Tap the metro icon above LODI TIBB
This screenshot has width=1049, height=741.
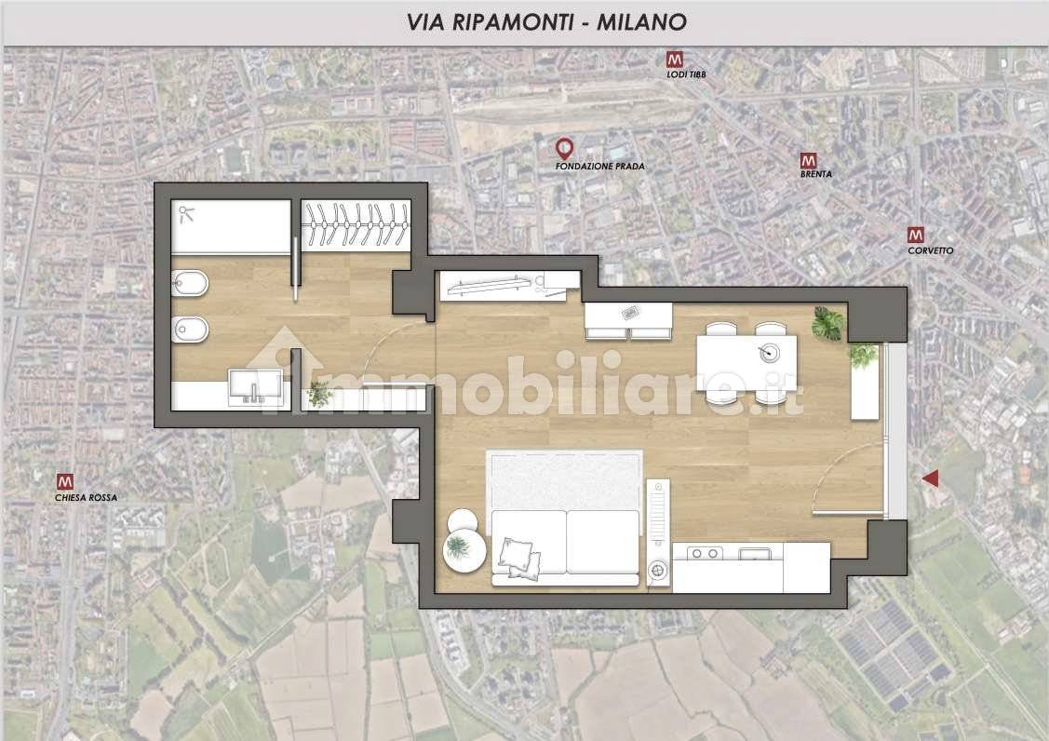[674, 60]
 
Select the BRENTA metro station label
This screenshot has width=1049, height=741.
[816, 174]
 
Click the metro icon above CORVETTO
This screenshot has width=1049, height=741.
[915, 235]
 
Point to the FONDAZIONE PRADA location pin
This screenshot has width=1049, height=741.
[565, 149]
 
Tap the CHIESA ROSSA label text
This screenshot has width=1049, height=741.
[86, 498]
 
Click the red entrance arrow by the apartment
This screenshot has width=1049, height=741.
[930, 478]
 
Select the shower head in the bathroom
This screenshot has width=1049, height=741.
[186, 214]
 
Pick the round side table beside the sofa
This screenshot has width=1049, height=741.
[464, 551]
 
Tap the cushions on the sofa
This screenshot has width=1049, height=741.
[518, 558]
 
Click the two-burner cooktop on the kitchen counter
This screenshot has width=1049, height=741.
[706, 553]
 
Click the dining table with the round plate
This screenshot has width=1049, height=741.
[746, 362]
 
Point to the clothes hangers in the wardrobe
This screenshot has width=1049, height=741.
[356, 224]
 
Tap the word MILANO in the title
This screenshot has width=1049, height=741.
[641, 22]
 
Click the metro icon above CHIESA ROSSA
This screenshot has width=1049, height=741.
[65, 482]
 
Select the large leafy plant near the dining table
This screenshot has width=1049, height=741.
[828, 324]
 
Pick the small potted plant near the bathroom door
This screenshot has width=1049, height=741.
[320, 393]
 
